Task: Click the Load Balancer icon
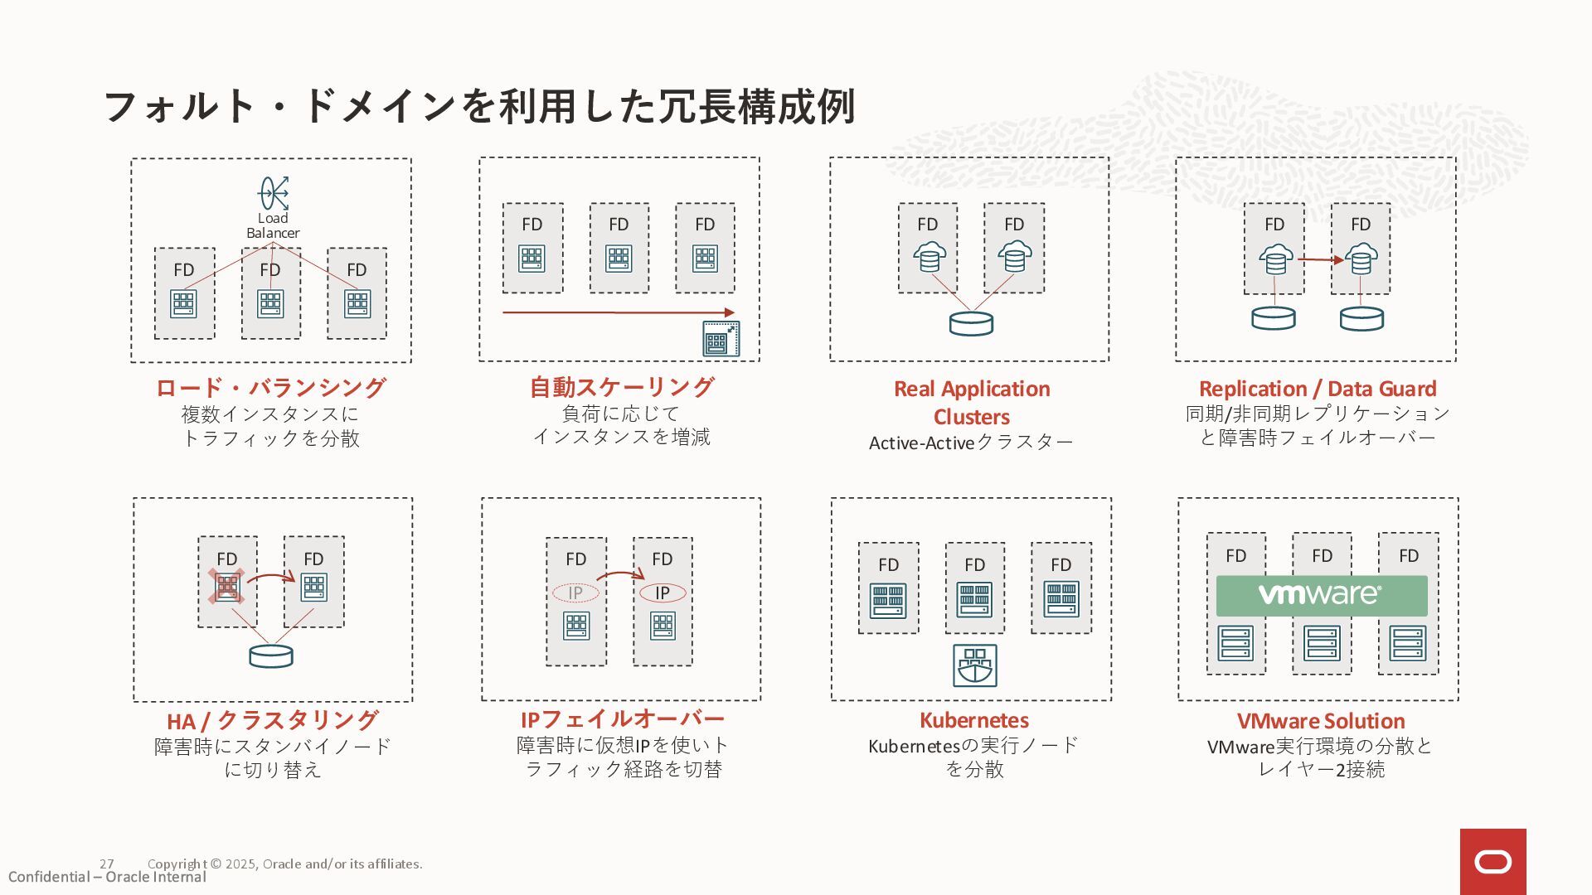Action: click(x=273, y=193)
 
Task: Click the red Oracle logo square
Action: click(x=1492, y=862)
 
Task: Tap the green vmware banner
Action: click(x=1321, y=595)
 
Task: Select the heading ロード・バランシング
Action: click(x=270, y=387)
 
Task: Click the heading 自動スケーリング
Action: click(x=621, y=386)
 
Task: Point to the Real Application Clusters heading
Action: click(x=972, y=402)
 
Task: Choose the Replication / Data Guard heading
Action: click(x=1317, y=388)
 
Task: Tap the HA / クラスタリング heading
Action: click(x=272, y=720)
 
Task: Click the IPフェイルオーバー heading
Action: click(x=622, y=718)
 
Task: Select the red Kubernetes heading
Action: click(x=973, y=720)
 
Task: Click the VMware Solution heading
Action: click(x=1320, y=720)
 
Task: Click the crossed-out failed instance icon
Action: click(x=226, y=586)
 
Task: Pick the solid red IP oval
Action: click(x=663, y=593)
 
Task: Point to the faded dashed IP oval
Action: click(x=575, y=593)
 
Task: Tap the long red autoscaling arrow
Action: click(x=618, y=312)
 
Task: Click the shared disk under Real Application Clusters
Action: click(x=970, y=323)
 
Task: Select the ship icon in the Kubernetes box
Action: click(x=974, y=665)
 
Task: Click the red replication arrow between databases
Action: click(x=1319, y=260)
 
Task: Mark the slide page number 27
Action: click(x=107, y=864)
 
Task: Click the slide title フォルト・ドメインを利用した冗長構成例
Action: click(x=478, y=106)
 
